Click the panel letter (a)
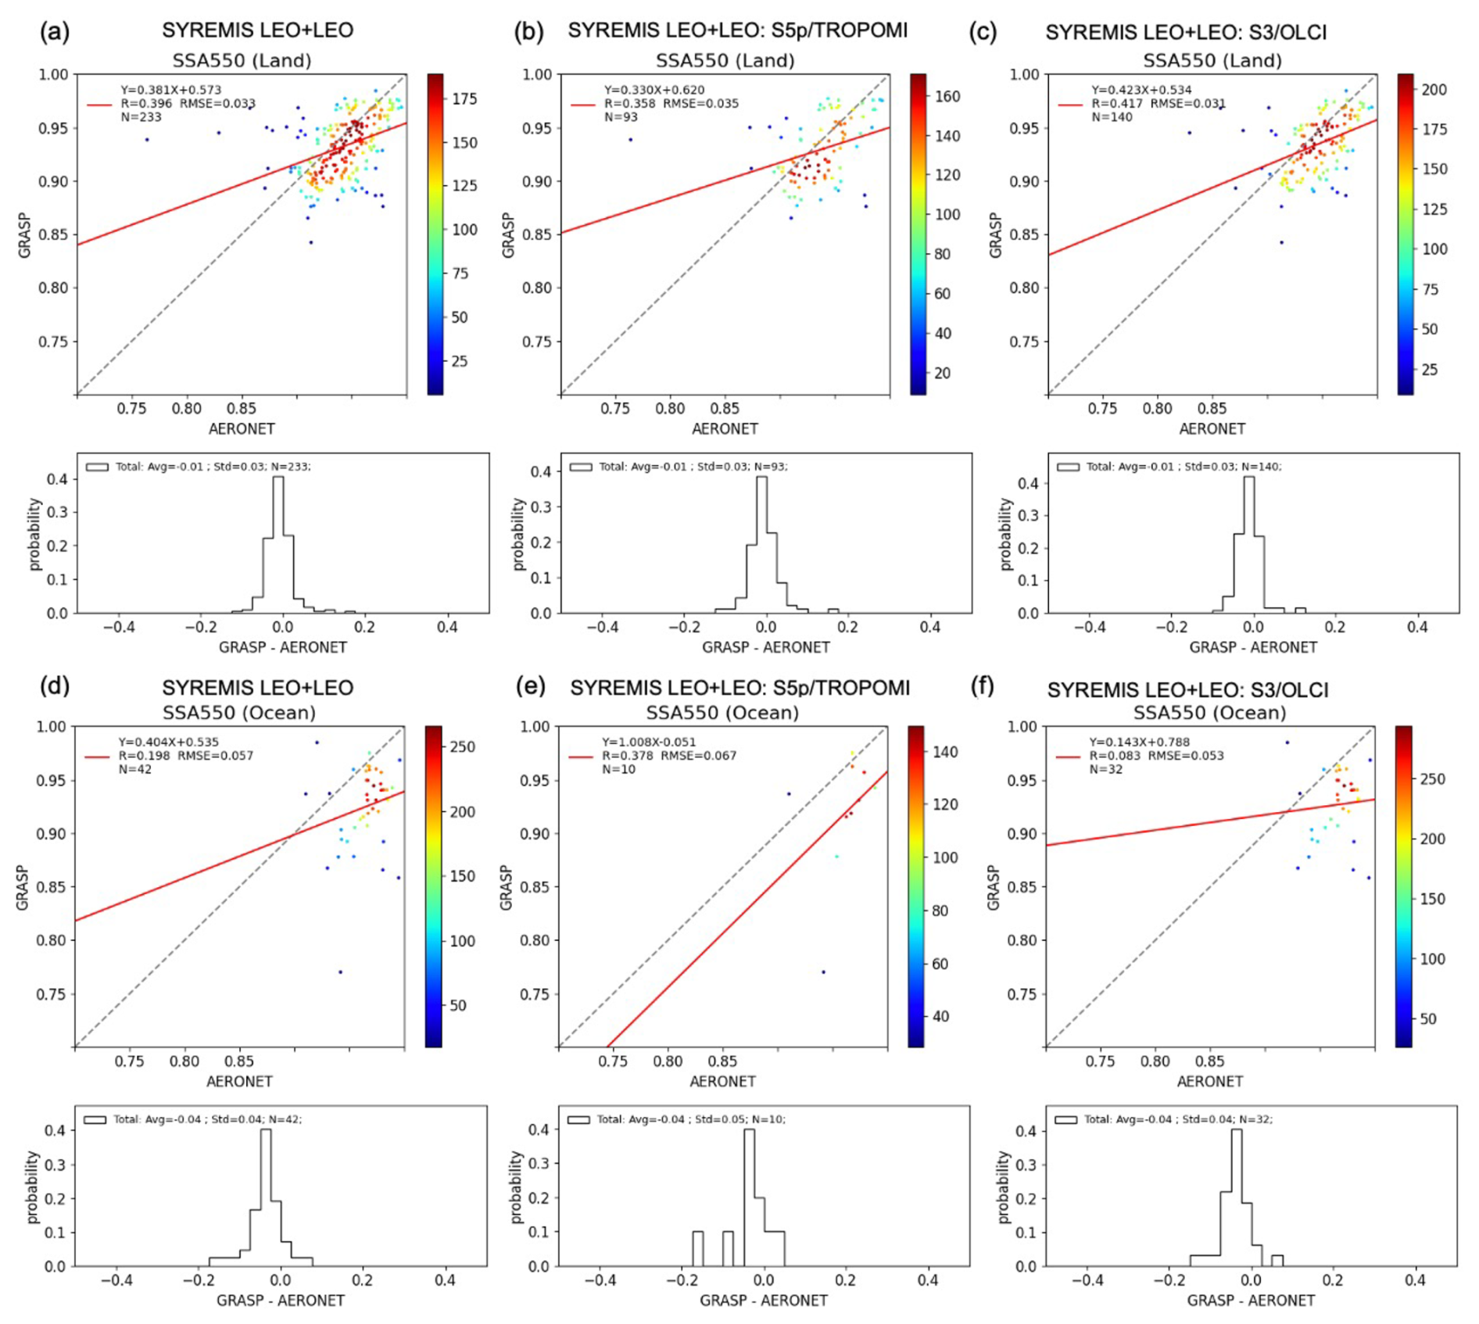click(55, 32)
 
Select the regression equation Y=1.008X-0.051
click(648, 742)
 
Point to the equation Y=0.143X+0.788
click(1139, 742)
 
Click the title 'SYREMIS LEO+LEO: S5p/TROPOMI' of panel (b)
click(737, 30)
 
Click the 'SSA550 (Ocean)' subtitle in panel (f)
click(1209, 713)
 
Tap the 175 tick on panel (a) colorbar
click(464, 99)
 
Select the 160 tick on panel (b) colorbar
click(947, 96)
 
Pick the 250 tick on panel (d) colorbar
click(462, 747)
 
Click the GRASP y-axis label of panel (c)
click(995, 234)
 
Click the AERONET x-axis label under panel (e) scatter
click(722, 1082)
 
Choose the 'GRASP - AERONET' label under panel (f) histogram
click(1251, 1301)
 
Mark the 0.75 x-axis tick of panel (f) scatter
click(1101, 1061)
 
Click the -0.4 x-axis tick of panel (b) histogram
click(600, 627)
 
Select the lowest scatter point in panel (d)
click(340, 972)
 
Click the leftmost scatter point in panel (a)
click(147, 140)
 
